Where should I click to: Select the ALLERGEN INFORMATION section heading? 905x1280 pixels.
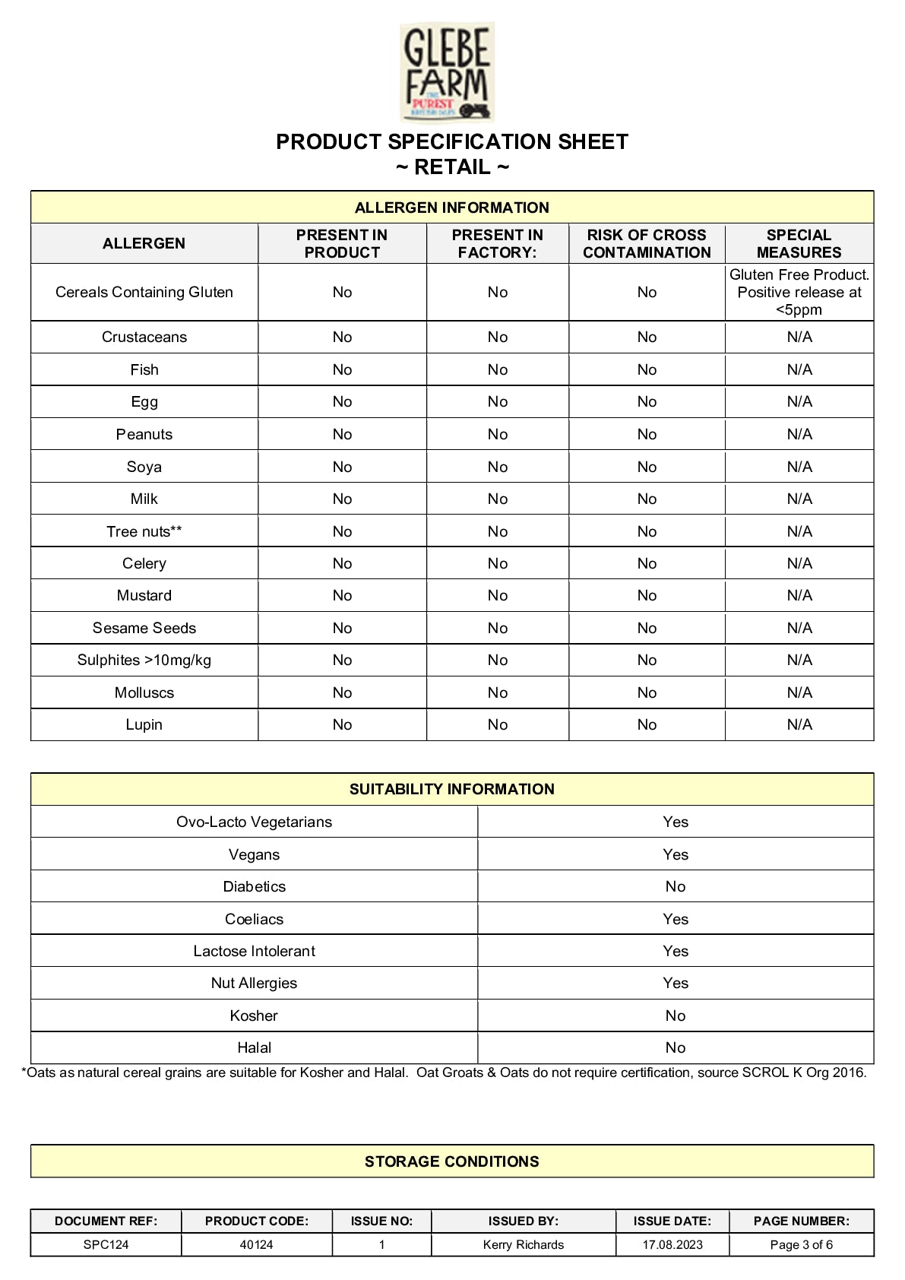pos(451,208)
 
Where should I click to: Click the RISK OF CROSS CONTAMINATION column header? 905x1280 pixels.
pos(647,243)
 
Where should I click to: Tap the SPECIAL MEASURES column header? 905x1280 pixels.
pos(799,243)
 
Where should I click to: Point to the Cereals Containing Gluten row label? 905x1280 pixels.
pos(144,292)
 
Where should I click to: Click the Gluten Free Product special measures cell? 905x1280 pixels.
pos(799,292)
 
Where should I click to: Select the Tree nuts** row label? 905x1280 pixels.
pos(144,531)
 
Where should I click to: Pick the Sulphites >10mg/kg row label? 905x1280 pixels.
pos(144,660)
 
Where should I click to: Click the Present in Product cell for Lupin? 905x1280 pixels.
pos(342,724)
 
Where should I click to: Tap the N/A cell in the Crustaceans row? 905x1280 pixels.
pos(799,337)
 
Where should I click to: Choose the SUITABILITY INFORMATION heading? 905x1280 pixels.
pos(451,789)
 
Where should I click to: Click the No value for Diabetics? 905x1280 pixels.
pos(675,886)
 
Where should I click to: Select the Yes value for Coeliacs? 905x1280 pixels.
pos(675,919)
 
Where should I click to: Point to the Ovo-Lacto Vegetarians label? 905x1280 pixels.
pos(254,822)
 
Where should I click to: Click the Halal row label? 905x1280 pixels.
pos(254,1047)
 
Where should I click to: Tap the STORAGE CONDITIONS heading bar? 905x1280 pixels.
pos(451,1161)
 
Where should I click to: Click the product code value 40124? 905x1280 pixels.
pos(256,1244)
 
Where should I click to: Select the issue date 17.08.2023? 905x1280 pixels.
pos(672,1244)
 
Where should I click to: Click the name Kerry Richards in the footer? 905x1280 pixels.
pos(523,1244)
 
